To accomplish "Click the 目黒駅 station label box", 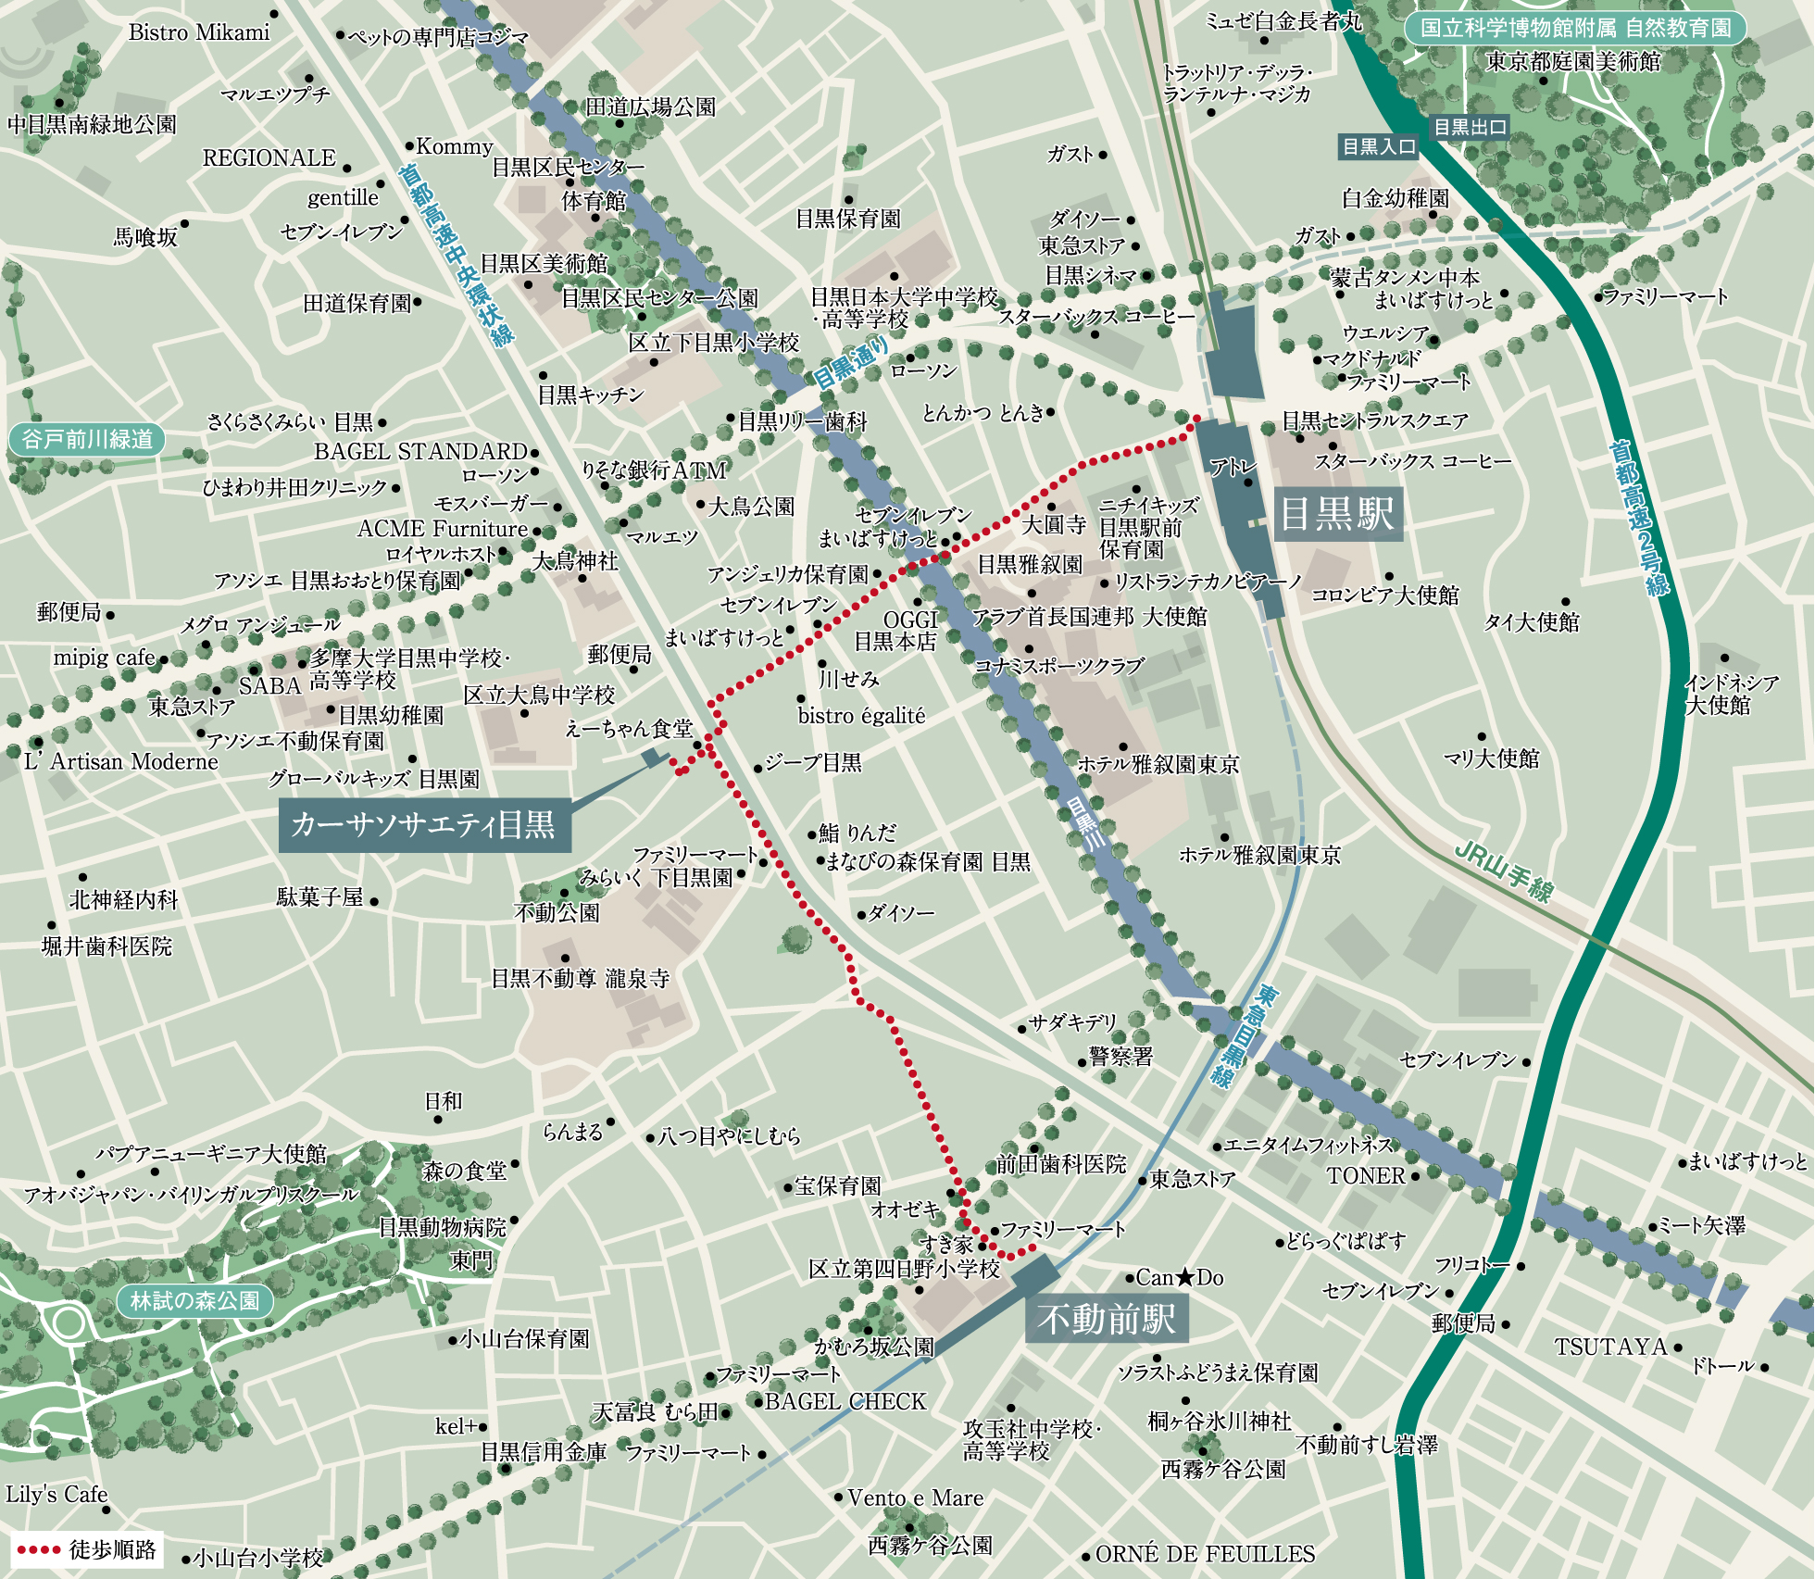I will coord(1337,513).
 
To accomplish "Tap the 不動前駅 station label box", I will coord(1107,1319).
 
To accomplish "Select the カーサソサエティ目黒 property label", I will coord(424,824).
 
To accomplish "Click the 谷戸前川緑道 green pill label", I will coord(87,439).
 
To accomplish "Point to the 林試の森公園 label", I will coord(194,1300).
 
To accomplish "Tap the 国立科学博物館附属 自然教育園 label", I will coord(1575,28).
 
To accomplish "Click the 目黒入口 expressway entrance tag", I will coord(1379,146).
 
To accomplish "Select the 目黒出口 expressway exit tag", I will coord(1470,127).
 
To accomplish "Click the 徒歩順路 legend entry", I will coord(88,1549).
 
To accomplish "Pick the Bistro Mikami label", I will coord(199,33).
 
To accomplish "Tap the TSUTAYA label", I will coord(1610,1347).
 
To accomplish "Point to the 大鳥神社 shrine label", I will coord(575,561).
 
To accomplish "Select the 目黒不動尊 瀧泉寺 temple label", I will coord(581,979).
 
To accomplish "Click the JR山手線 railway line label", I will coord(1503,871).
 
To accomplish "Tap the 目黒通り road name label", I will coord(850,362).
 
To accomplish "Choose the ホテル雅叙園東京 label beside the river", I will coord(1158,764).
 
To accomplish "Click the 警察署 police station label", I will coord(1121,1057).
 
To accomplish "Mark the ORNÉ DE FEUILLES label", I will coord(1205,1554).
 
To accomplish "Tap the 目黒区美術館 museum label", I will coord(544,264).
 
